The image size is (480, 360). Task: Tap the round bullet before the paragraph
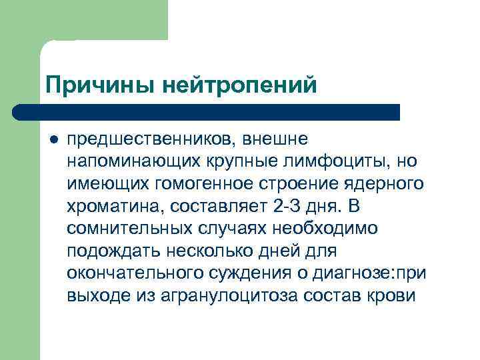click(x=53, y=140)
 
